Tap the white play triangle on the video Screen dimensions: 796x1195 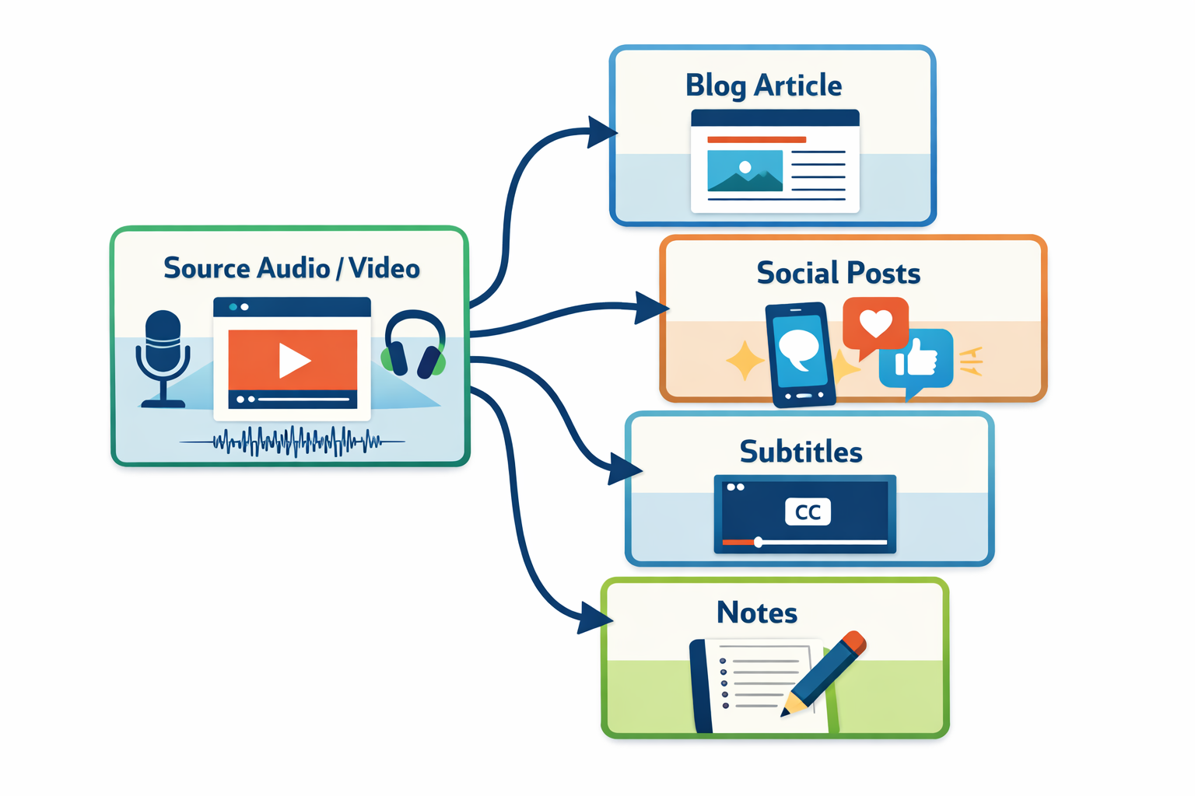(x=294, y=360)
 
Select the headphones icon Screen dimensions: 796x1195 (x=415, y=345)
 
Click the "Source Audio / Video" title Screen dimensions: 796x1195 (x=291, y=268)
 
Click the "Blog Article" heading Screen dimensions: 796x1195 (x=763, y=86)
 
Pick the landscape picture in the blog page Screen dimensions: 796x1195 (x=745, y=171)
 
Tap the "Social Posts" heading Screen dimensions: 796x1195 (x=838, y=274)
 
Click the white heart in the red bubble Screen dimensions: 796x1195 (x=875, y=322)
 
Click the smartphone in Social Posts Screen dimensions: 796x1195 (x=800, y=354)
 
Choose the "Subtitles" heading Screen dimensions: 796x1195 (x=801, y=452)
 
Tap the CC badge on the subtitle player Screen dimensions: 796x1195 (x=808, y=512)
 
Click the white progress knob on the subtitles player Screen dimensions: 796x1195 (x=758, y=542)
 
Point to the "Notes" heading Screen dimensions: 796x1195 (x=757, y=613)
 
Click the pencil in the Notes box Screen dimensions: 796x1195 (x=825, y=672)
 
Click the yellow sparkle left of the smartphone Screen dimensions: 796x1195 (x=744, y=361)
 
